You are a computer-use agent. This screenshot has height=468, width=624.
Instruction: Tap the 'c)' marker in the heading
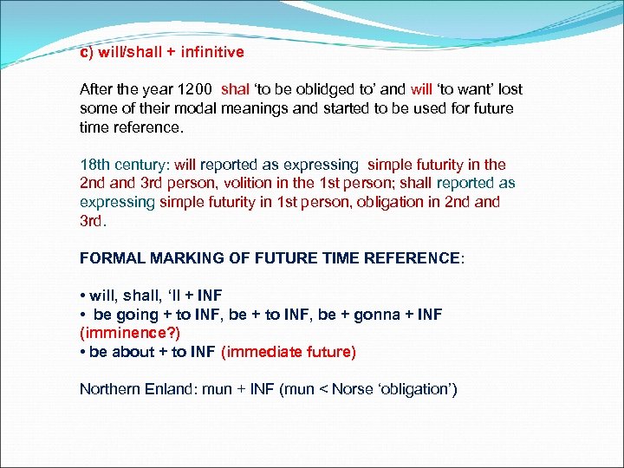coord(87,52)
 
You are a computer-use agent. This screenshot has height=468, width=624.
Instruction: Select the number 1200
coord(196,89)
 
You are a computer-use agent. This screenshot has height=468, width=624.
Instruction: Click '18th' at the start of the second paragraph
coord(94,165)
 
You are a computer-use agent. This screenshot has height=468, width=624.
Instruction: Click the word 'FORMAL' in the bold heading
coord(112,258)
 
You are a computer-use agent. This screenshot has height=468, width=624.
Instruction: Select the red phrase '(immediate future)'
coord(289,352)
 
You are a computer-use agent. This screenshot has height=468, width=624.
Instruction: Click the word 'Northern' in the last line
coord(107,389)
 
